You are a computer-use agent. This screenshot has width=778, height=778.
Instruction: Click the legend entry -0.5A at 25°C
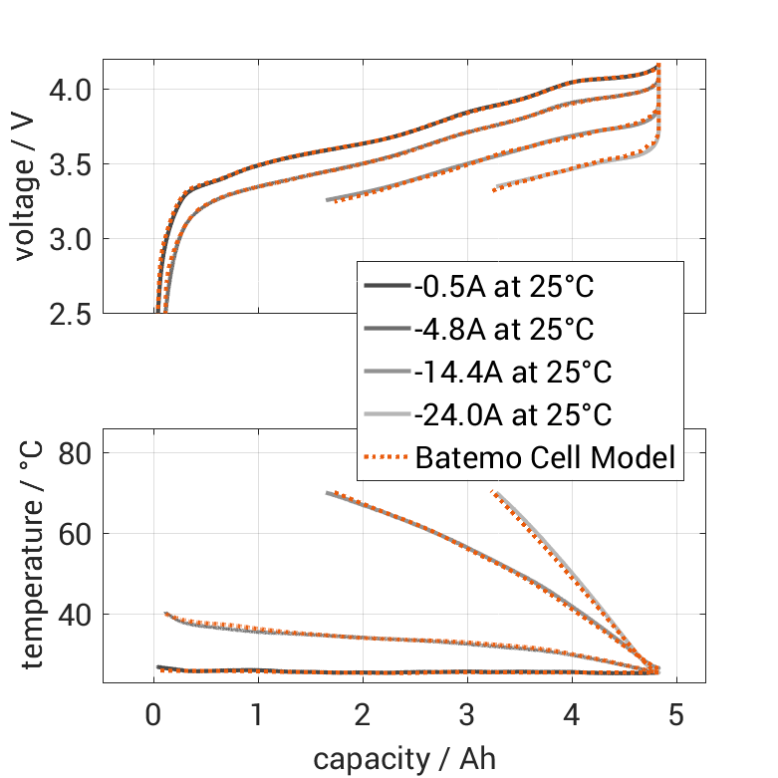[x=504, y=288]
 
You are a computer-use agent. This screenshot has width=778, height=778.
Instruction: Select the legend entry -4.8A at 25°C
[x=504, y=330]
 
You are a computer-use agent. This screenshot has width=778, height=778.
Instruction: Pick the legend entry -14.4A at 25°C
[x=512, y=373]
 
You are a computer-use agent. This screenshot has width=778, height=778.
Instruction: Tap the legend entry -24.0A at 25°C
[x=512, y=414]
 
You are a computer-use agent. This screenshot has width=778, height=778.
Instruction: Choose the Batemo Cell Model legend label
[x=546, y=457]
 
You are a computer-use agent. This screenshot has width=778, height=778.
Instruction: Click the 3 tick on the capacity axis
[x=467, y=715]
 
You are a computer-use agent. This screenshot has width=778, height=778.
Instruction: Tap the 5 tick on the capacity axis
[x=676, y=715]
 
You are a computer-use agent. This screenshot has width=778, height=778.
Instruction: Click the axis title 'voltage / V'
[x=26, y=187]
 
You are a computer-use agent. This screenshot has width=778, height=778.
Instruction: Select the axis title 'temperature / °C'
[x=32, y=556]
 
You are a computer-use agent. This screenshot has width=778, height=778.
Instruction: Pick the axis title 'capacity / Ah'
[x=403, y=759]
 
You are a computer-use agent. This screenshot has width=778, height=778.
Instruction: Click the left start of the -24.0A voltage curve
[x=495, y=187]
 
